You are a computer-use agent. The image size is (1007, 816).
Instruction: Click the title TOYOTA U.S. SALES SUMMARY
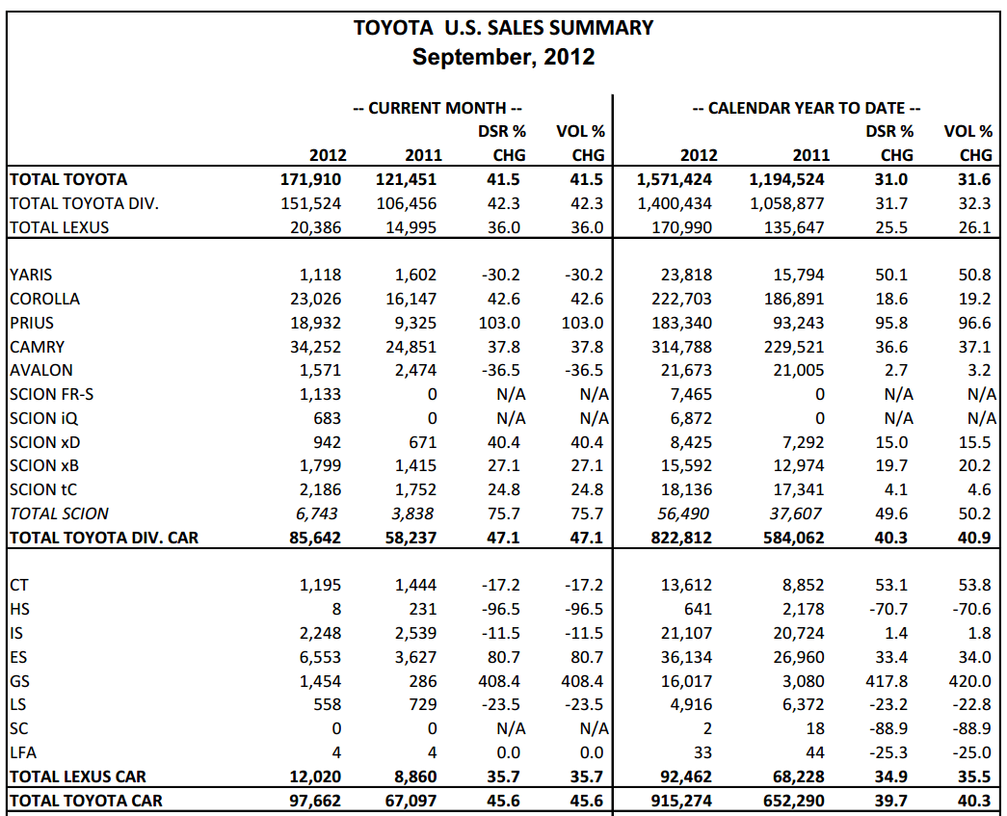click(503, 28)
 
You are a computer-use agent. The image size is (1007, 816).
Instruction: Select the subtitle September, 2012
click(503, 57)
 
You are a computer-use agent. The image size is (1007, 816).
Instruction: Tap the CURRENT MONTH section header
click(437, 108)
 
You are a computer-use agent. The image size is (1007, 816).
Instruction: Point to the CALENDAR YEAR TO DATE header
click(807, 108)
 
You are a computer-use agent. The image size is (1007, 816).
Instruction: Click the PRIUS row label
click(32, 323)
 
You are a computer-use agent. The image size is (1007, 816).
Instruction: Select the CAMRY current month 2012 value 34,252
click(315, 348)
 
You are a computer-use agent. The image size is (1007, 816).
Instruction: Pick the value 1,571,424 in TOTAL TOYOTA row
click(675, 180)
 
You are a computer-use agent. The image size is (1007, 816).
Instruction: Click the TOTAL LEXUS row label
click(60, 228)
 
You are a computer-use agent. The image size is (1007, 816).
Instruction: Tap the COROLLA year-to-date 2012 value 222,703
click(681, 300)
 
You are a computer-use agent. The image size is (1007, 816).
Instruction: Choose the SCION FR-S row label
click(51, 394)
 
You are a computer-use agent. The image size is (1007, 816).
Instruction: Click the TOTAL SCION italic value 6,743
click(317, 514)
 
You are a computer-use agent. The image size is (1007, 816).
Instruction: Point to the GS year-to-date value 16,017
click(686, 681)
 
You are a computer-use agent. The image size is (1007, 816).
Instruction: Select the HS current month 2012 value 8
click(336, 609)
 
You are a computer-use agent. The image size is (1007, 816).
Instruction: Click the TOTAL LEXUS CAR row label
click(78, 777)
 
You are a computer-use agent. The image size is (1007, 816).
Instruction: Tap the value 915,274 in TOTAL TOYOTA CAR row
click(681, 802)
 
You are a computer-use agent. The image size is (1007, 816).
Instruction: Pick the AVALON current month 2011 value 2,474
click(415, 371)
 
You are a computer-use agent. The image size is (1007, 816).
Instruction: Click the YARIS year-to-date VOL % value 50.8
click(974, 276)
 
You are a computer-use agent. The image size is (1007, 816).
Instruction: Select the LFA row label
click(23, 752)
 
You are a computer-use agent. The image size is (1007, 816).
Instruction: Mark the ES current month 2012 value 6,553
click(321, 657)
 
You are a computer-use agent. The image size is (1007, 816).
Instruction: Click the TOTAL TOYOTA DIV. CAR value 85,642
click(315, 538)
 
